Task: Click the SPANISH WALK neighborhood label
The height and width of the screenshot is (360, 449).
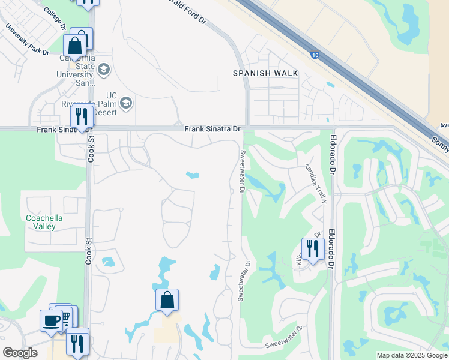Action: pyautogui.click(x=265, y=73)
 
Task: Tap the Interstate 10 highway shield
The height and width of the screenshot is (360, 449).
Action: pyautogui.click(x=316, y=55)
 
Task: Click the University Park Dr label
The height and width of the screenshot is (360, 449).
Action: pyautogui.click(x=27, y=39)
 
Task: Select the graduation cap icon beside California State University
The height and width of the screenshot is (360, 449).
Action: pyautogui.click(x=104, y=70)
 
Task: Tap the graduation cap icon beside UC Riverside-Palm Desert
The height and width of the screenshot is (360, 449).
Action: pyautogui.click(x=126, y=104)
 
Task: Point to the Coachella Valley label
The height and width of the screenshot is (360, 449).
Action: pyautogui.click(x=41, y=222)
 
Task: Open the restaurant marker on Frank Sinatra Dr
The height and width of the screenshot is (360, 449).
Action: pyautogui.click(x=81, y=116)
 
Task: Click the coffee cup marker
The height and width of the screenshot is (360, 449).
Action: pyautogui.click(x=52, y=319)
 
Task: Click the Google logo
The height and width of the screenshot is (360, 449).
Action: pyautogui.click(x=20, y=353)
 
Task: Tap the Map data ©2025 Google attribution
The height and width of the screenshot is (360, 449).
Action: pyautogui.click(x=412, y=355)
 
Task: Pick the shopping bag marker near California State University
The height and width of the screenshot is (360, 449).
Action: pyautogui.click(x=75, y=45)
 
